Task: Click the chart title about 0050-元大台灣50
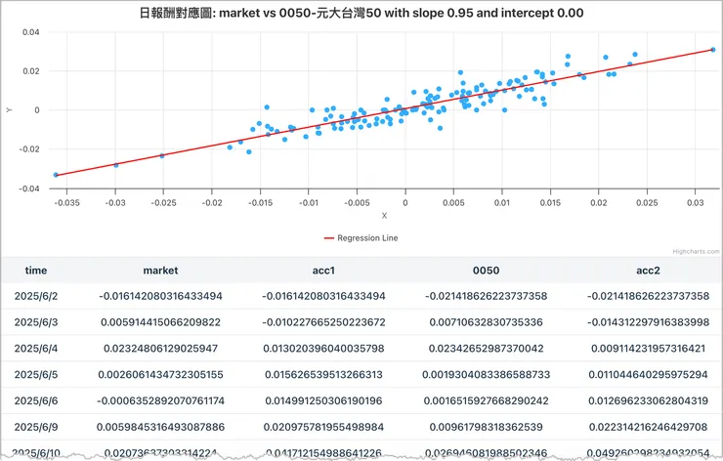pyautogui.click(x=361, y=14)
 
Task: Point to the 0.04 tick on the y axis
pyautogui.click(x=31, y=32)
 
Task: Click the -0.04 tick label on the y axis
pyautogui.click(x=29, y=189)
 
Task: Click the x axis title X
pyautogui.click(x=384, y=216)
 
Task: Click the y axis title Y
pyautogui.click(x=9, y=110)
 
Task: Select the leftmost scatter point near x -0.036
pyautogui.click(x=56, y=175)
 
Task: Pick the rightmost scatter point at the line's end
pyautogui.click(x=713, y=50)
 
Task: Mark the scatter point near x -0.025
pyautogui.click(x=162, y=155)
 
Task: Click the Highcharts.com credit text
pyautogui.click(x=695, y=249)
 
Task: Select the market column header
pyautogui.click(x=160, y=271)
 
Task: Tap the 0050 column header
pyautogui.click(x=486, y=271)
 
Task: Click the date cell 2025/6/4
pyautogui.click(x=36, y=348)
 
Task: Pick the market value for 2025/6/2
pyautogui.click(x=160, y=296)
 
